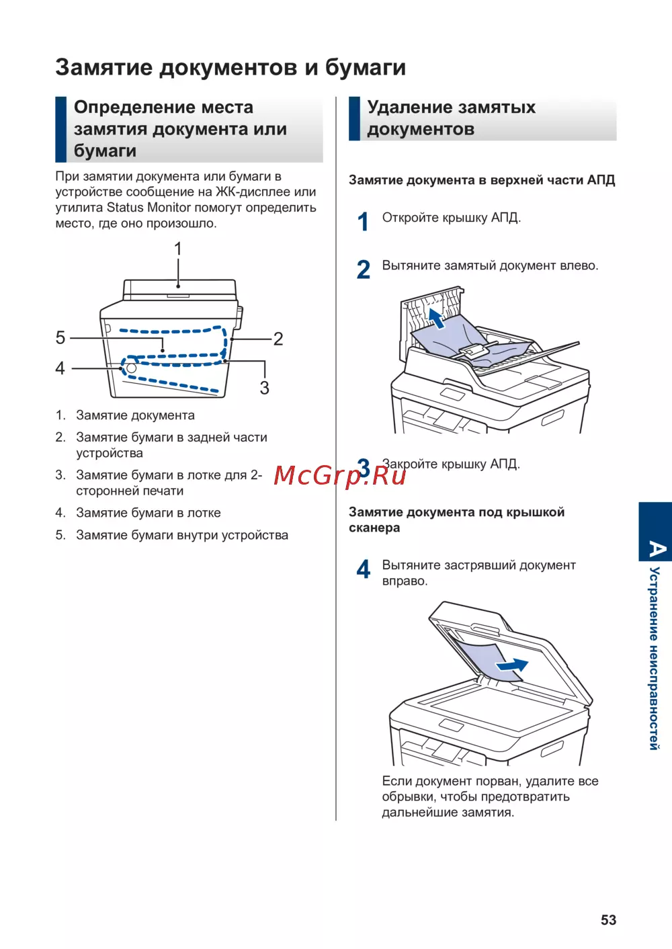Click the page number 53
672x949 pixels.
coord(608,920)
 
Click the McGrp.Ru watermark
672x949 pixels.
coord(339,475)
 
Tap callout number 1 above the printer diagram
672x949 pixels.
coord(178,249)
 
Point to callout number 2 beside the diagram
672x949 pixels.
coord(278,339)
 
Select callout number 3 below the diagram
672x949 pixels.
coord(265,388)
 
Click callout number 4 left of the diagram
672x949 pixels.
coord(60,368)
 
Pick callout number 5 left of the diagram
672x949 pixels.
coord(60,337)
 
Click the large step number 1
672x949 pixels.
coord(364,222)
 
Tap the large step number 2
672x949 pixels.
coord(364,270)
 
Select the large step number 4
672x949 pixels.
coord(364,570)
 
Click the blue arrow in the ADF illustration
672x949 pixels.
coord(437,319)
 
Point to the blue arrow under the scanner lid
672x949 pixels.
coord(512,665)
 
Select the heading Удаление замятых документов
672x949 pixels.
coord(451,118)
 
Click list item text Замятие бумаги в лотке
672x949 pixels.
coord(149,513)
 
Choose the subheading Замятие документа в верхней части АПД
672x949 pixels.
coord(482,180)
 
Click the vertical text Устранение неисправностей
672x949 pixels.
coord(655,658)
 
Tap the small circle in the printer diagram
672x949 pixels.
coord(132,368)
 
